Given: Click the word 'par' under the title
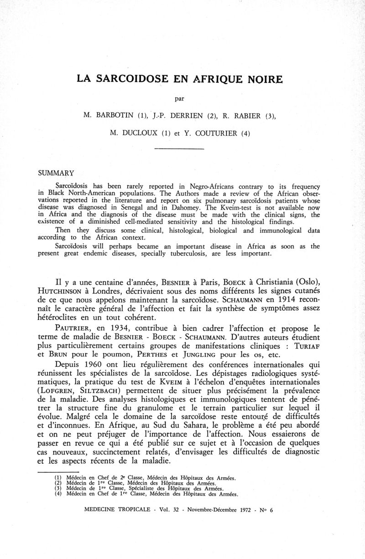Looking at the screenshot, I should tap(182, 97).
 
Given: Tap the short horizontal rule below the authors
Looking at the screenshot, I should tap(179, 149).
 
